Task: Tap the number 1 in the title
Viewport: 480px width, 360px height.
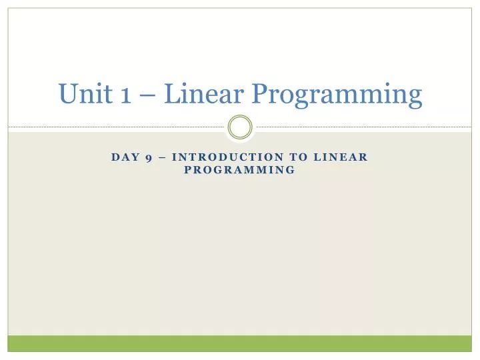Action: (126, 95)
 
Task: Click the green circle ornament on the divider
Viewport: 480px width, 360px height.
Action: (240, 126)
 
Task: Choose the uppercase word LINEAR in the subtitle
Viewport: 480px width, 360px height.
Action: (341, 157)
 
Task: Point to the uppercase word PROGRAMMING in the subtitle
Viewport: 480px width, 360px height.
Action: (239, 170)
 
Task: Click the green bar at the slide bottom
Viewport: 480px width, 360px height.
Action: (240, 343)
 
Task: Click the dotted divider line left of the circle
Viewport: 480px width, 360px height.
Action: (120, 126)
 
